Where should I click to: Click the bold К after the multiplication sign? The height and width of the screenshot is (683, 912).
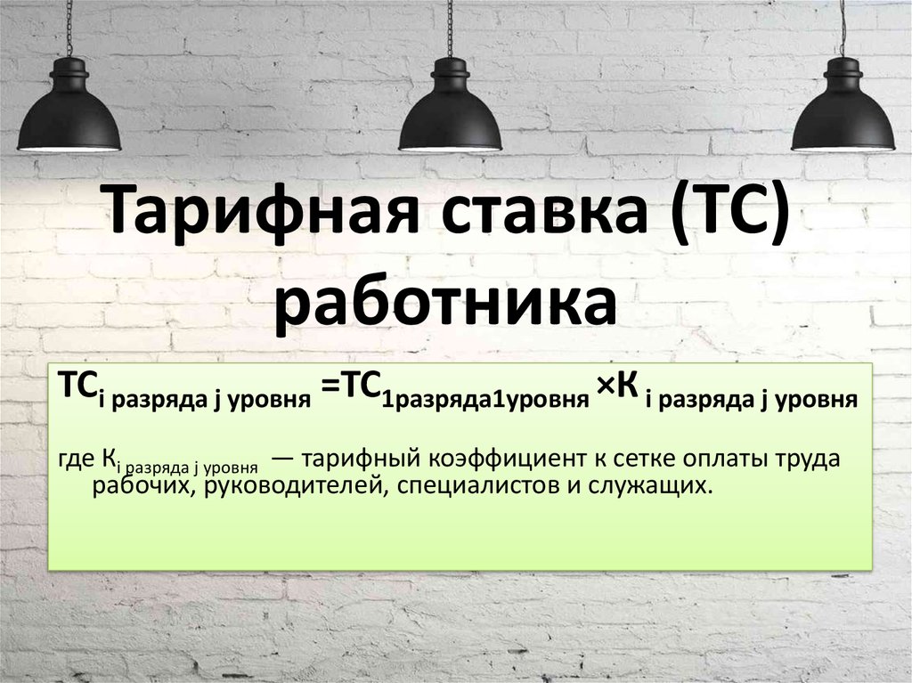coord(625,388)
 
